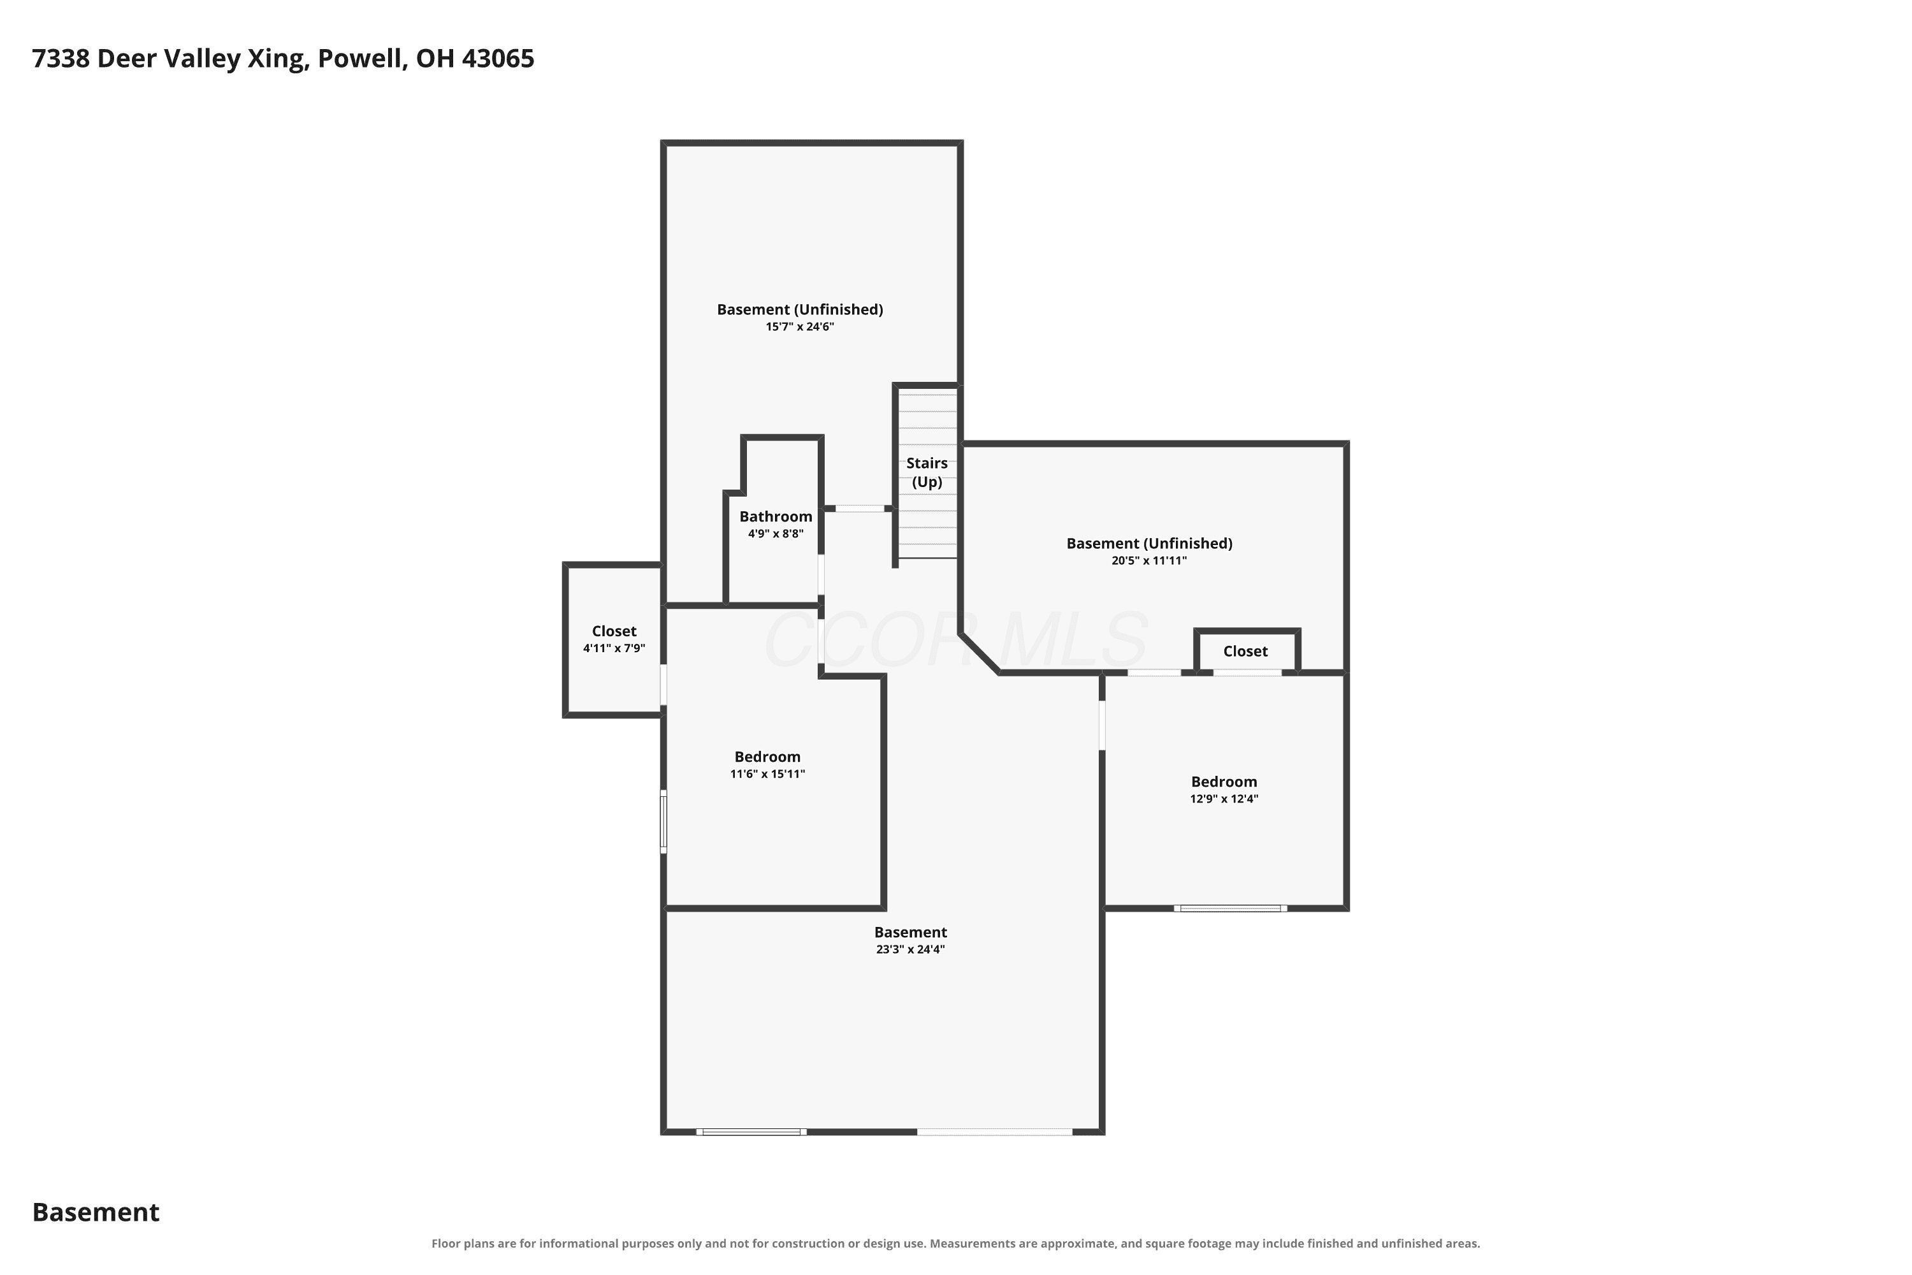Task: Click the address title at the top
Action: click(x=283, y=59)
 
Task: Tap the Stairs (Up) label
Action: click(x=927, y=472)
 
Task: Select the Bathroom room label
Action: click(x=776, y=516)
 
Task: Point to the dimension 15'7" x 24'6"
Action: click(x=800, y=327)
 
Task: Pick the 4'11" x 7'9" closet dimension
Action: click(x=614, y=649)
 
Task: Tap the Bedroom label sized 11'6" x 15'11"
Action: click(x=767, y=757)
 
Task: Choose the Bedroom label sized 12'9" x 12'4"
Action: click(x=1224, y=782)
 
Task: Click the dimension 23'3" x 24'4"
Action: click(x=911, y=950)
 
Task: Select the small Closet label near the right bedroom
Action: click(x=1245, y=652)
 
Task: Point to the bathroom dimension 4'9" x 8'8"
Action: click(x=776, y=534)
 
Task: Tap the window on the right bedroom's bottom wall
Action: click(x=1230, y=908)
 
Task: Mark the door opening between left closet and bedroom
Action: click(x=663, y=685)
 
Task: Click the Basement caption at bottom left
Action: click(x=96, y=1213)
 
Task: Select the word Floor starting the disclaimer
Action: click(x=445, y=1244)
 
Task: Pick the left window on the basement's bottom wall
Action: click(x=751, y=1132)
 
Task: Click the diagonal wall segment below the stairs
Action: click(x=980, y=654)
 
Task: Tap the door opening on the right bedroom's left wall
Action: click(x=1103, y=725)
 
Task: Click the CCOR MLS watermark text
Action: click(x=956, y=640)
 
